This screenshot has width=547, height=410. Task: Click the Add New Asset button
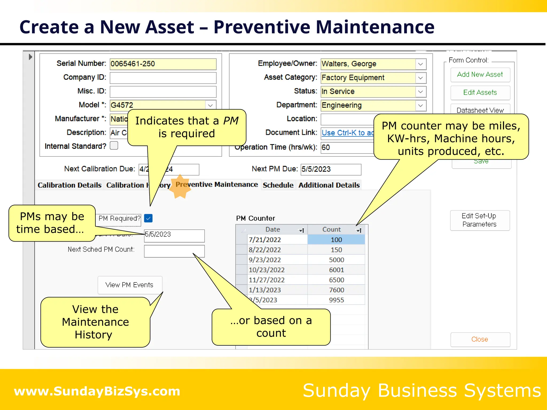click(480, 75)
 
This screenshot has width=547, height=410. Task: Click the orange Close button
click(480, 339)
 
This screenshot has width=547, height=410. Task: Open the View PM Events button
click(130, 285)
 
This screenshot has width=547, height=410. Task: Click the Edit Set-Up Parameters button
click(479, 220)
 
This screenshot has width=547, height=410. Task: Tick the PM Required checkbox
click(148, 218)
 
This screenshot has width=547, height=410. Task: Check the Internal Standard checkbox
click(114, 146)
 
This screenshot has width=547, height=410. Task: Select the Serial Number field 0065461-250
click(163, 64)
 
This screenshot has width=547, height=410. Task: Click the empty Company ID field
click(163, 78)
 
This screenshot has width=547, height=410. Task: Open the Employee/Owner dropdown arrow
click(420, 64)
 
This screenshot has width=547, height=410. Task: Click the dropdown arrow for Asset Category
click(420, 78)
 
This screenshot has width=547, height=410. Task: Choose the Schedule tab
click(278, 185)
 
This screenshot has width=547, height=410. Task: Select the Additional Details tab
click(329, 185)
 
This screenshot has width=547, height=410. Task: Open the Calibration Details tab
click(69, 185)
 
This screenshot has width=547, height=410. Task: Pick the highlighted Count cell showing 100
click(336, 240)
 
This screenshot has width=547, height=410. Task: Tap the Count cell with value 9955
click(336, 300)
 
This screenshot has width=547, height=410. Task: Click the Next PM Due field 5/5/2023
click(331, 169)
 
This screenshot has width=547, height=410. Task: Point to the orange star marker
click(180, 187)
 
